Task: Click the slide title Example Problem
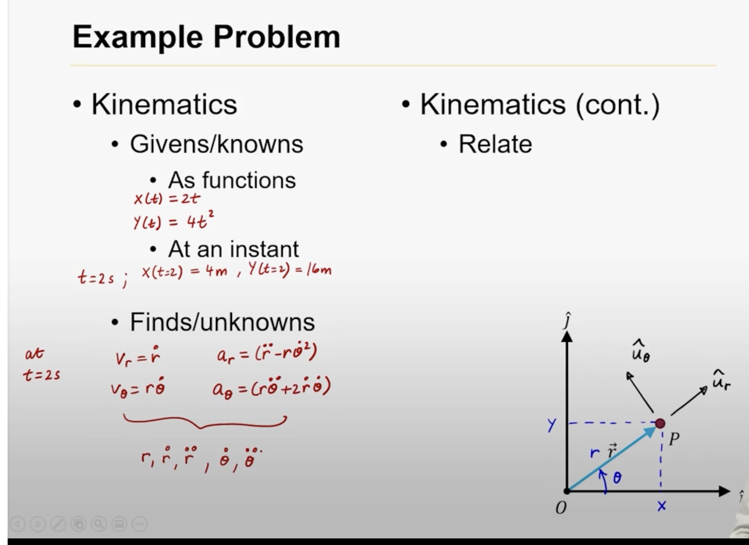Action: point(206,37)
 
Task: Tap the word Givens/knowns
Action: point(216,144)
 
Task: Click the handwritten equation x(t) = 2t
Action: point(167,198)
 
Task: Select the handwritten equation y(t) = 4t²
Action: point(174,221)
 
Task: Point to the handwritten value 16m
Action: point(319,269)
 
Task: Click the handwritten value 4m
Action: point(216,270)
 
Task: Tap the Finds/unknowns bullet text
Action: point(222,322)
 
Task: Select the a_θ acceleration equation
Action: point(271,388)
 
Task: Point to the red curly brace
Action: point(205,421)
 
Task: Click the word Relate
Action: point(495,144)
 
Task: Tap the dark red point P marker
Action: point(660,423)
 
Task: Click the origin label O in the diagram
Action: point(561,508)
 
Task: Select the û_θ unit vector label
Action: point(640,351)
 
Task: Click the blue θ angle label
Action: point(617,477)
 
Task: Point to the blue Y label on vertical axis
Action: point(552,425)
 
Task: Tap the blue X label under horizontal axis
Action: point(661,506)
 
